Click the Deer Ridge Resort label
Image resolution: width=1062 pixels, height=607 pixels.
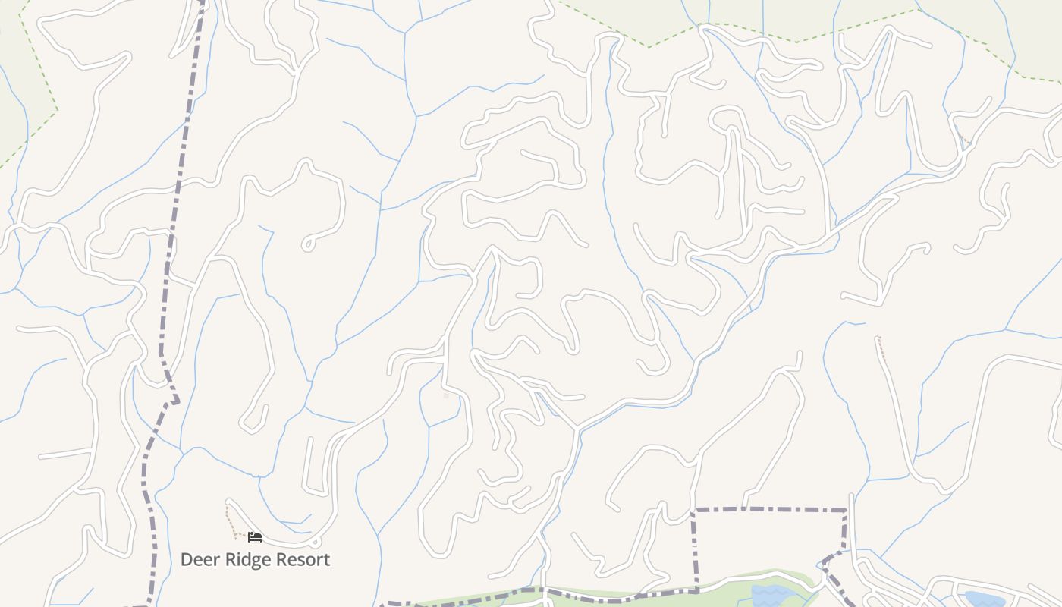click(x=255, y=560)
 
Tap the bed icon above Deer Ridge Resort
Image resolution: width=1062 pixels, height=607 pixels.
click(x=255, y=537)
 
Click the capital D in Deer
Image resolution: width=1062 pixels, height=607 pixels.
click(x=187, y=560)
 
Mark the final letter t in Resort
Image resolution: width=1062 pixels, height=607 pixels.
click(x=326, y=560)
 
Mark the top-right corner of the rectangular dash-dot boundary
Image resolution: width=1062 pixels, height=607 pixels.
click(x=845, y=510)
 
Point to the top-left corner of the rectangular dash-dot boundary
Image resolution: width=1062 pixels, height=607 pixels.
click(x=694, y=510)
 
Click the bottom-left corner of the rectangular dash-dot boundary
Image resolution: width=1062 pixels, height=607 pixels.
click(x=696, y=590)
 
